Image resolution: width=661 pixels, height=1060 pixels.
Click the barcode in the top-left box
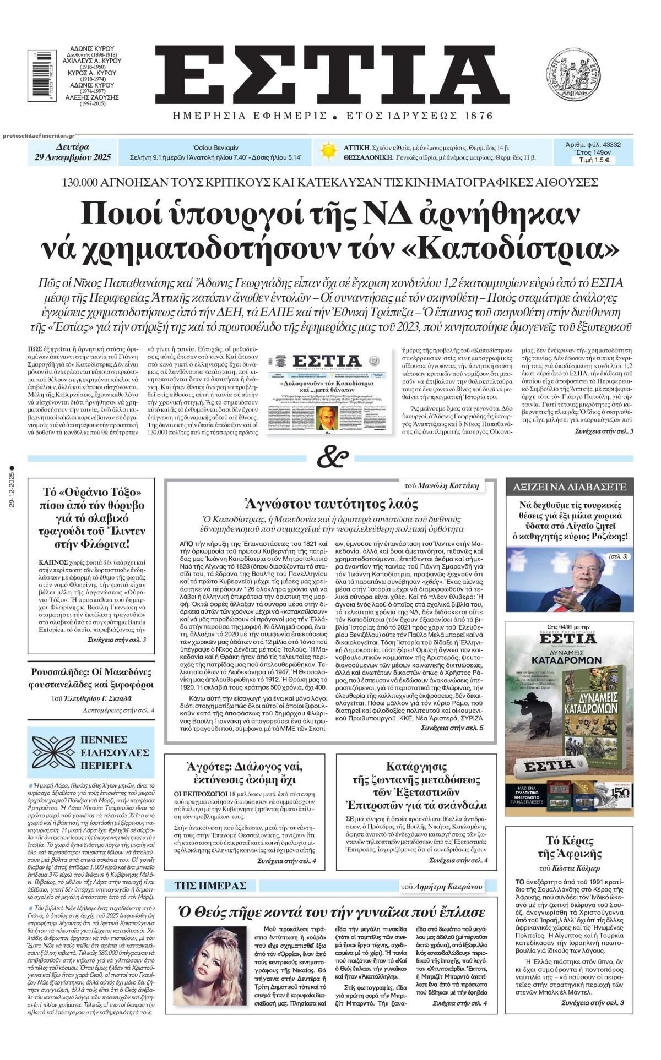tap(35, 75)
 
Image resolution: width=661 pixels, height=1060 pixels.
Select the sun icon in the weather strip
tap(329, 151)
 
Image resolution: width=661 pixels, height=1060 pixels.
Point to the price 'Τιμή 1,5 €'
tap(593, 161)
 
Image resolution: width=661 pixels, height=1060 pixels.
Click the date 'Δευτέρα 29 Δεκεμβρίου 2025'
tap(72, 152)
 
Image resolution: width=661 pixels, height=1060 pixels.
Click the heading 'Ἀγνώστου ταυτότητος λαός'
tap(331, 503)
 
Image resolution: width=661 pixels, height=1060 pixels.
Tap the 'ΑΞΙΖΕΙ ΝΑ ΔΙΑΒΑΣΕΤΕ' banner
tap(570, 487)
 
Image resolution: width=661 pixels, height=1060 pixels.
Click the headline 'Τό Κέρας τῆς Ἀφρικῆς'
tap(569, 848)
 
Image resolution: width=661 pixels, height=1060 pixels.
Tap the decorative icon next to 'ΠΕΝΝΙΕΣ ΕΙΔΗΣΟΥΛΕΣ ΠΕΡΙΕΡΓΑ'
tap(52, 751)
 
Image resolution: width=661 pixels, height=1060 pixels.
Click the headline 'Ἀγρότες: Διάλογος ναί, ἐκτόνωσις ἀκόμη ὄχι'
tap(245, 773)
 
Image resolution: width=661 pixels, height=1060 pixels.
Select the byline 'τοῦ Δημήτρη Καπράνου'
tap(442, 887)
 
